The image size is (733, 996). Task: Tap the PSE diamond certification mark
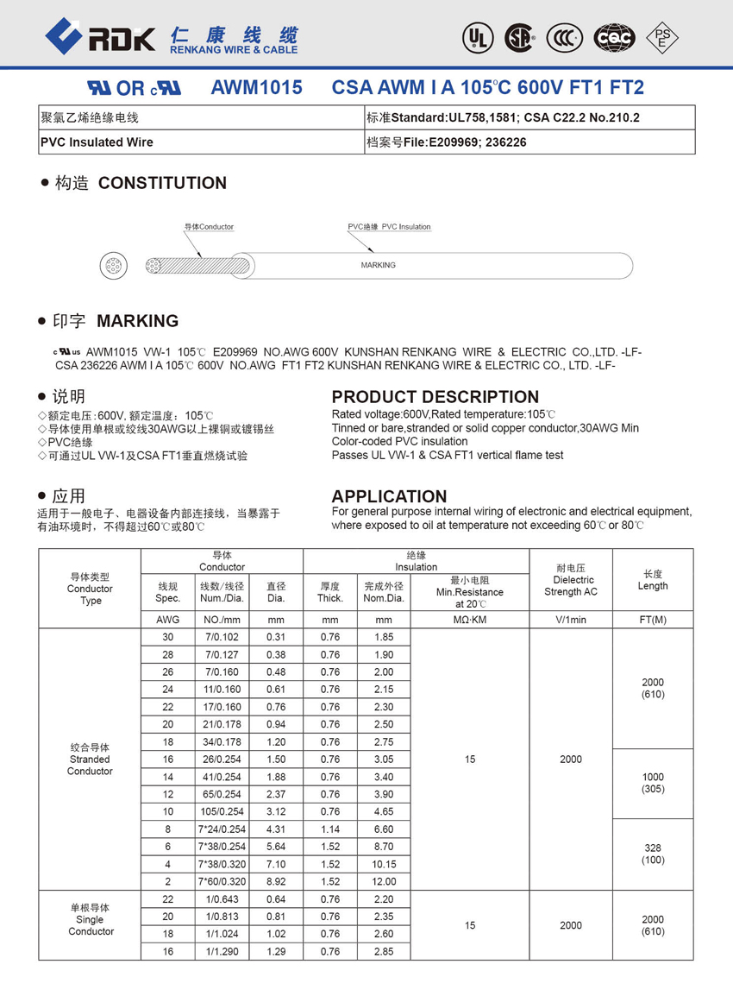(x=662, y=36)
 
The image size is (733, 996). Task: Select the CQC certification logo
(x=615, y=36)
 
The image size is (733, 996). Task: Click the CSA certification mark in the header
(x=519, y=36)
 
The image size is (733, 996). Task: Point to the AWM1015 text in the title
(x=256, y=88)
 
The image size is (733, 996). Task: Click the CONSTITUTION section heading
(x=162, y=183)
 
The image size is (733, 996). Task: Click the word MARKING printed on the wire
(x=378, y=265)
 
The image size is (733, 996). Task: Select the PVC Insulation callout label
(x=389, y=227)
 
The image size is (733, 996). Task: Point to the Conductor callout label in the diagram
(x=209, y=227)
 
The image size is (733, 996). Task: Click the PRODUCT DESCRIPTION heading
(x=435, y=397)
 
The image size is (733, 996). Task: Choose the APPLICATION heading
(x=389, y=496)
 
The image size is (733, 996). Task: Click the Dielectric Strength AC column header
(x=570, y=580)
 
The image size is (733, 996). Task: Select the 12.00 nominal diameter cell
(x=384, y=881)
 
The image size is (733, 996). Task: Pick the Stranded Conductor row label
(x=90, y=760)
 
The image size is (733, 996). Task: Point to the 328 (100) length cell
(x=652, y=854)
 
